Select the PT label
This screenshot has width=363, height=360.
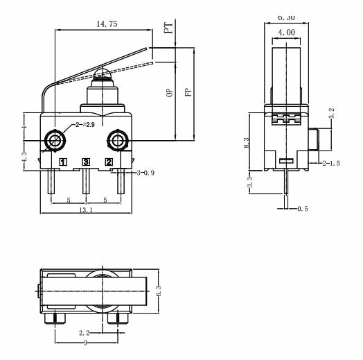168,27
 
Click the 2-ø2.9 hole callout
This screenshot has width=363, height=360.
82,124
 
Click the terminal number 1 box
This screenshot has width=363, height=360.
63,162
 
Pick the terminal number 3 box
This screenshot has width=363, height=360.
86,162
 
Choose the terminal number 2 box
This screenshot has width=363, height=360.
108,162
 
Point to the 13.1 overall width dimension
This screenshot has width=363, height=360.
87,209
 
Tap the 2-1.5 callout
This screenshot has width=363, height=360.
331,163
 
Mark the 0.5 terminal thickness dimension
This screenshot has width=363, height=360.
301,208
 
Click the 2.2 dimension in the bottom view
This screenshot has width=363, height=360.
84,333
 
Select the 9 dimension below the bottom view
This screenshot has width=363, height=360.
85,343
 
